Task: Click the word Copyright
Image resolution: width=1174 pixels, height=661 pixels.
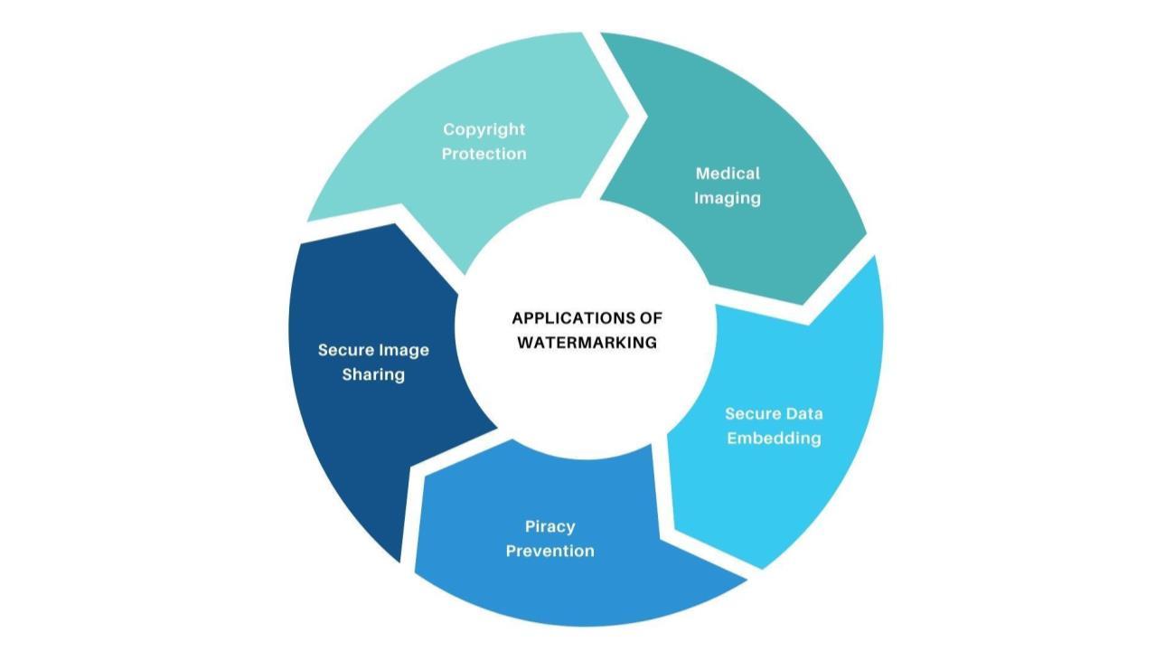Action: click(x=484, y=129)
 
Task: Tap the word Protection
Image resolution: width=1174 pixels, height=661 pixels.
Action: click(x=484, y=154)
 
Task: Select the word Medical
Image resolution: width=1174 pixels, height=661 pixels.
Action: click(x=728, y=173)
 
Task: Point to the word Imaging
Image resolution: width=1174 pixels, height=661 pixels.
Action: click(x=728, y=197)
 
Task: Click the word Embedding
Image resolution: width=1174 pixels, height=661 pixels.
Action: click(x=774, y=438)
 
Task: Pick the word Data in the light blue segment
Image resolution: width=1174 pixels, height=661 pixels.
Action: click(x=803, y=413)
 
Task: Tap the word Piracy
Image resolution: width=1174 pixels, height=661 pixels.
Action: click(x=549, y=525)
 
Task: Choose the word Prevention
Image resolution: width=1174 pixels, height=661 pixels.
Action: click(x=549, y=550)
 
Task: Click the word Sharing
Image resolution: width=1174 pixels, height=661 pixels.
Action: click(x=373, y=373)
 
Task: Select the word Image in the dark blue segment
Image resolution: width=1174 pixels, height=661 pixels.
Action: click(x=403, y=349)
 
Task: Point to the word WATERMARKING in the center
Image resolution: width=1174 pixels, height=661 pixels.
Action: click(x=587, y=343)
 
